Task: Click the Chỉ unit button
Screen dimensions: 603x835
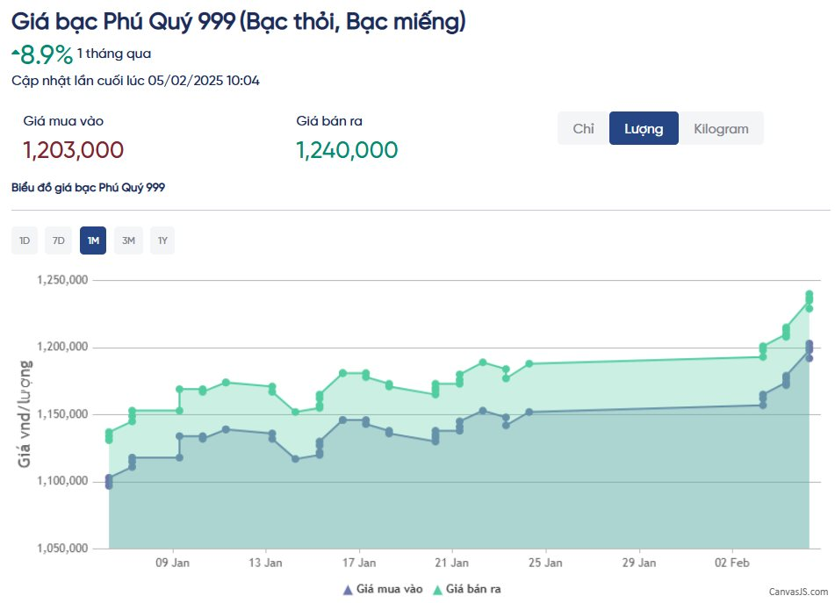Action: coord(583,128)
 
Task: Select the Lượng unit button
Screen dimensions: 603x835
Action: coord(643,128)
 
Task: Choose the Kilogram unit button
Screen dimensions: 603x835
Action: coord(721,128)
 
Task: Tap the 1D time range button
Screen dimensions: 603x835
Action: coord(25,240)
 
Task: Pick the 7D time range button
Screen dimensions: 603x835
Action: coord(58,240)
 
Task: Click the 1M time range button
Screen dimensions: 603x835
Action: coord(93,240)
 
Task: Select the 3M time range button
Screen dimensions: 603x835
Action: coord(128,240)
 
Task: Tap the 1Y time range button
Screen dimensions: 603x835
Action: coord(162,240)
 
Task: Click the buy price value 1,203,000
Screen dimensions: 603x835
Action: coord(73,150)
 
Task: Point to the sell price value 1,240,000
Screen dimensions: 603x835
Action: coord(347,150)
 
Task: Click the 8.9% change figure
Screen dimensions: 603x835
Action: coord(47,55)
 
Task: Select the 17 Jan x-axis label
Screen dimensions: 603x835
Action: coord(359,562)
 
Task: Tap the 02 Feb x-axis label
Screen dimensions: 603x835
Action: coord(731,562)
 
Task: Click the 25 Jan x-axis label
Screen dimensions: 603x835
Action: coord(545,562)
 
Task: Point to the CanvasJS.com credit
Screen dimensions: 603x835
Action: coord(799,592)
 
